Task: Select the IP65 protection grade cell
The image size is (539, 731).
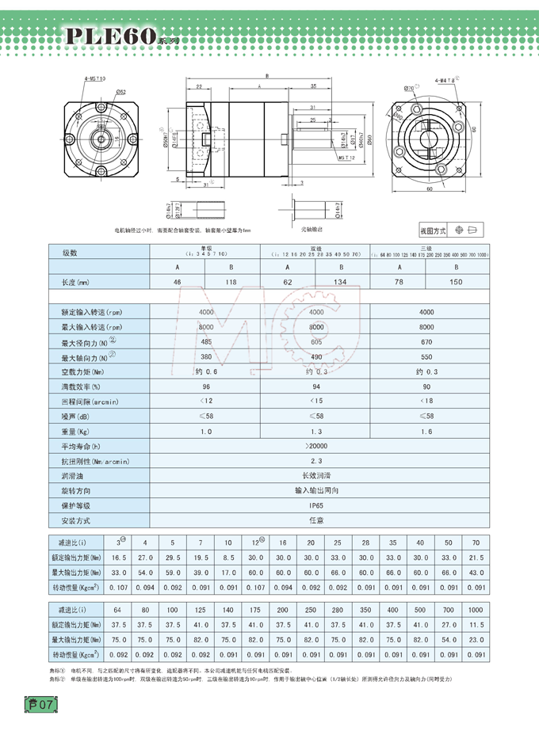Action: point(315,504)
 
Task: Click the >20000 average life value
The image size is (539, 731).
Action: point(315,446)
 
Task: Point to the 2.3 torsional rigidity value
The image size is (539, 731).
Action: point(315,461)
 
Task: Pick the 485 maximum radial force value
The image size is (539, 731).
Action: point(206,341)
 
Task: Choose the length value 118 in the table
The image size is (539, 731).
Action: point(233,282)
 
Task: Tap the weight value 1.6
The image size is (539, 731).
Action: point(426,431)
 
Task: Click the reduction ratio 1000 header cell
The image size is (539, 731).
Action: point(476,611)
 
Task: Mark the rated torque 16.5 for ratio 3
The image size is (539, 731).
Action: point(120,558)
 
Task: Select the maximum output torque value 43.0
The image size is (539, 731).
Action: point(476,572)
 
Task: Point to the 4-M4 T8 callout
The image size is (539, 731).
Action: point(445,80)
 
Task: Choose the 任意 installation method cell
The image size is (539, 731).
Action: point(315,520)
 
